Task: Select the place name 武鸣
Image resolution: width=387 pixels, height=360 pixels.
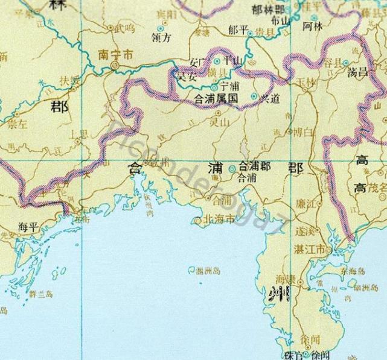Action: pos(125,27)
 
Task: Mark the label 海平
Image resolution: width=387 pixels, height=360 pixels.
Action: pos(29,227)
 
